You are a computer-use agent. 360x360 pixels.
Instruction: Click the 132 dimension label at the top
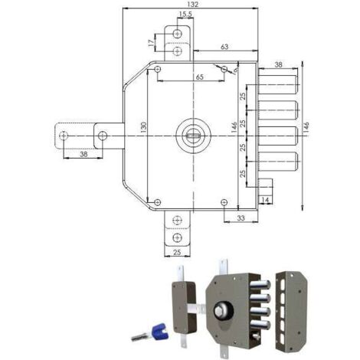click(192, 5)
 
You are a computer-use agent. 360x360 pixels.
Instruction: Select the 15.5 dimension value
click(185, 15)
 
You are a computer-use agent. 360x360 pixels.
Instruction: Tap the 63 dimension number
click(224, 47)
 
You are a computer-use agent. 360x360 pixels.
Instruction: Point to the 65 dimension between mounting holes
click(200, 77)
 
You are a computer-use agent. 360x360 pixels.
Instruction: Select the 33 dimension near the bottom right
click(241, 218)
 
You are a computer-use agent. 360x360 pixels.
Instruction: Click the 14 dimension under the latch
click(266, 200)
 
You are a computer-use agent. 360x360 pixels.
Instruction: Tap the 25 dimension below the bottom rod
click(177, 252)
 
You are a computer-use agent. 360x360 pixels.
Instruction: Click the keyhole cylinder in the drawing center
click(193, 136)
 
